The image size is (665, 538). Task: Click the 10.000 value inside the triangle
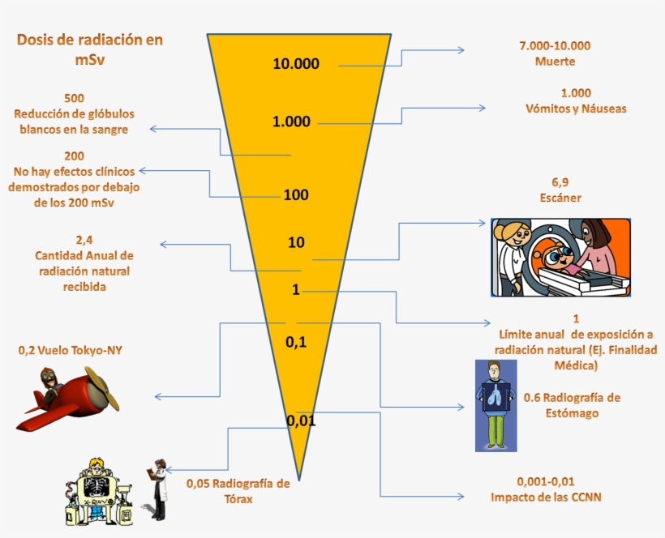pos(296,63)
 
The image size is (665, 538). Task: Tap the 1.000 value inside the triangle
pos(291,122)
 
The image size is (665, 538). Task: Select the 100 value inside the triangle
pos(296,195)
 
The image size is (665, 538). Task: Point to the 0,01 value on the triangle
pos(301,421)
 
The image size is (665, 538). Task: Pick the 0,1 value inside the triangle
pos(296,341)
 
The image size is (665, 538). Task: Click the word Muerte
pos(556,62)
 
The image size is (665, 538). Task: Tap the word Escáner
pos(560,198)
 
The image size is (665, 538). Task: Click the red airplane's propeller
pos(103,389)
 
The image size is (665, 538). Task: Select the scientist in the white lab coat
pos(157,489)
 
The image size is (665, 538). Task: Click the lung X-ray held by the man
pos(496,396)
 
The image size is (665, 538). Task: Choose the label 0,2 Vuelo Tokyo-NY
pos(71,350)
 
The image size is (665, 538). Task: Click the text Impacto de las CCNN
pos(546,497)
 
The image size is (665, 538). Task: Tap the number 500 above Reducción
pos(75,98)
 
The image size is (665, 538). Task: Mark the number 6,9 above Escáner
pos(560,182)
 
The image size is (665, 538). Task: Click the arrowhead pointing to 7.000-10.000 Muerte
pos(461,50)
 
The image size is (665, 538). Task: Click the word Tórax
pos(238,499)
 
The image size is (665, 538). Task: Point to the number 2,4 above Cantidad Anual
pos(84,240)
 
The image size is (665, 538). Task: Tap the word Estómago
pos(572,413)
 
